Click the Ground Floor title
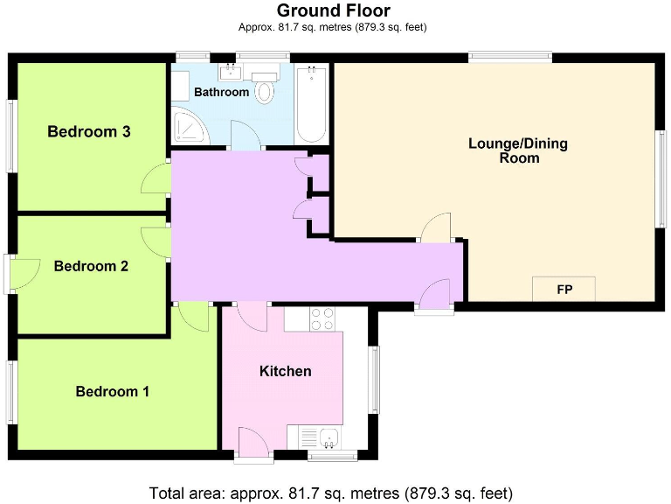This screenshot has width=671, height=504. click(333, 10)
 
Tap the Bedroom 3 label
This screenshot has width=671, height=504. click(89, 132)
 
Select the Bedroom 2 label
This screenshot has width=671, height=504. click(91, 266)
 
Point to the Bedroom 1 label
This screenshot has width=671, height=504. click(112, 391)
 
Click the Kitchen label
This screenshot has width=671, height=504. click(286, 371)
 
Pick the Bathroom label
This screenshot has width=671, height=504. click(221, 92)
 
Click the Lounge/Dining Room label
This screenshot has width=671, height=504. click(518, 150)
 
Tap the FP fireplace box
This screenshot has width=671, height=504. click(564, 289)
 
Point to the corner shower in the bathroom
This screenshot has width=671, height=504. click(189, 127)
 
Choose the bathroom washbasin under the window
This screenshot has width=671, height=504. click(232, 71)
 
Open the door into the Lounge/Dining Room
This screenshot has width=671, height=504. click(434, 228)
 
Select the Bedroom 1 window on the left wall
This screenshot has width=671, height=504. click(12, 390)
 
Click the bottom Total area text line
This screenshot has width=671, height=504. click(331, 492)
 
